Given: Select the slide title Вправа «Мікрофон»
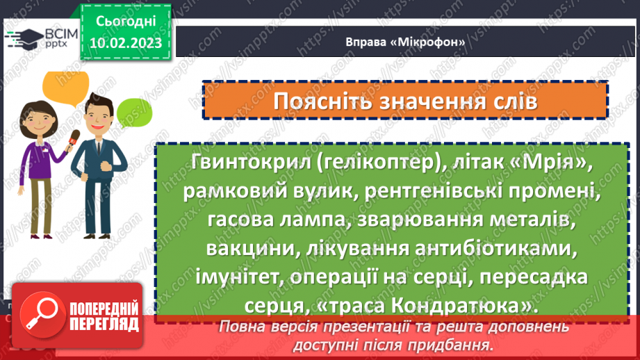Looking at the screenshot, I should point(404,42).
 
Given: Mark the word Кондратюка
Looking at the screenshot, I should point(459,305).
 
